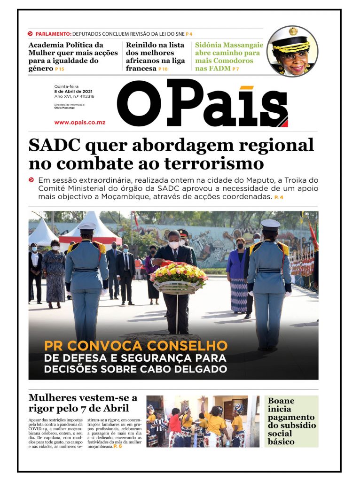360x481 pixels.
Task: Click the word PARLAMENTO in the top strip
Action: (54, 34)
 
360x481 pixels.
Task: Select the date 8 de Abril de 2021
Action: (74, 91)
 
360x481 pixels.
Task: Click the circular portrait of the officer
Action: (292, 51)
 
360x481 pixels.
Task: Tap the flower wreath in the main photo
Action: (179, 274)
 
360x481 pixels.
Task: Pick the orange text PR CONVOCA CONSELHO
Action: (136, 346)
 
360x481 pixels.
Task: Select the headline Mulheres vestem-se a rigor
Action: (83, 403)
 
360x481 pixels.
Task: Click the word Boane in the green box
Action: (281, 401)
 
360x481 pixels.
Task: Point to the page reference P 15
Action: (60, 69)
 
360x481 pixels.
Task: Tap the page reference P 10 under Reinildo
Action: (163, 69)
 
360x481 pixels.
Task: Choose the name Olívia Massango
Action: (65, 108)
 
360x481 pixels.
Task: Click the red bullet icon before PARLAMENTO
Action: (31, 34)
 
